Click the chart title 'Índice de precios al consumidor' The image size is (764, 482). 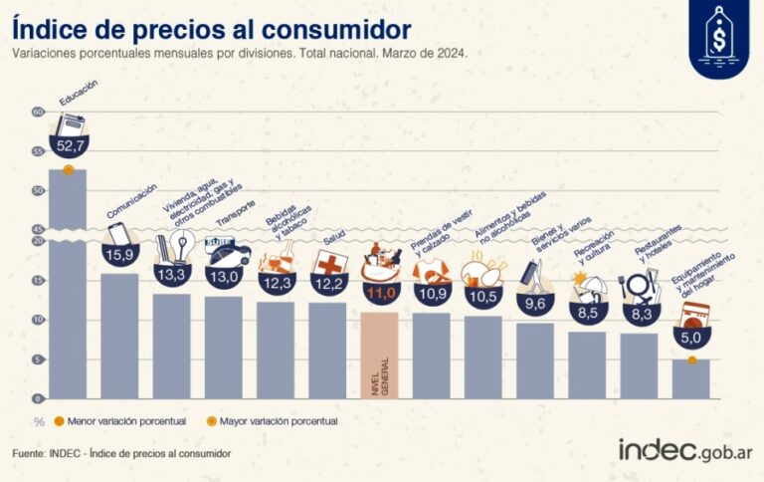213,25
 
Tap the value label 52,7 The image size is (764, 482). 72,147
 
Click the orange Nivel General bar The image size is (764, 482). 379,355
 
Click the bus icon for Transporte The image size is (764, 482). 224,245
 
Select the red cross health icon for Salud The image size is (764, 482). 327,262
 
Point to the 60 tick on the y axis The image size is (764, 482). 39,113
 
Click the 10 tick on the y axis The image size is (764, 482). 39,320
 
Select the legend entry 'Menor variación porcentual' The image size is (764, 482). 119,421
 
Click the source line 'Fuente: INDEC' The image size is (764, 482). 121,453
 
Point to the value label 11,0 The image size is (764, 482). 380,294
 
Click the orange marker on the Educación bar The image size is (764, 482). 68,170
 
